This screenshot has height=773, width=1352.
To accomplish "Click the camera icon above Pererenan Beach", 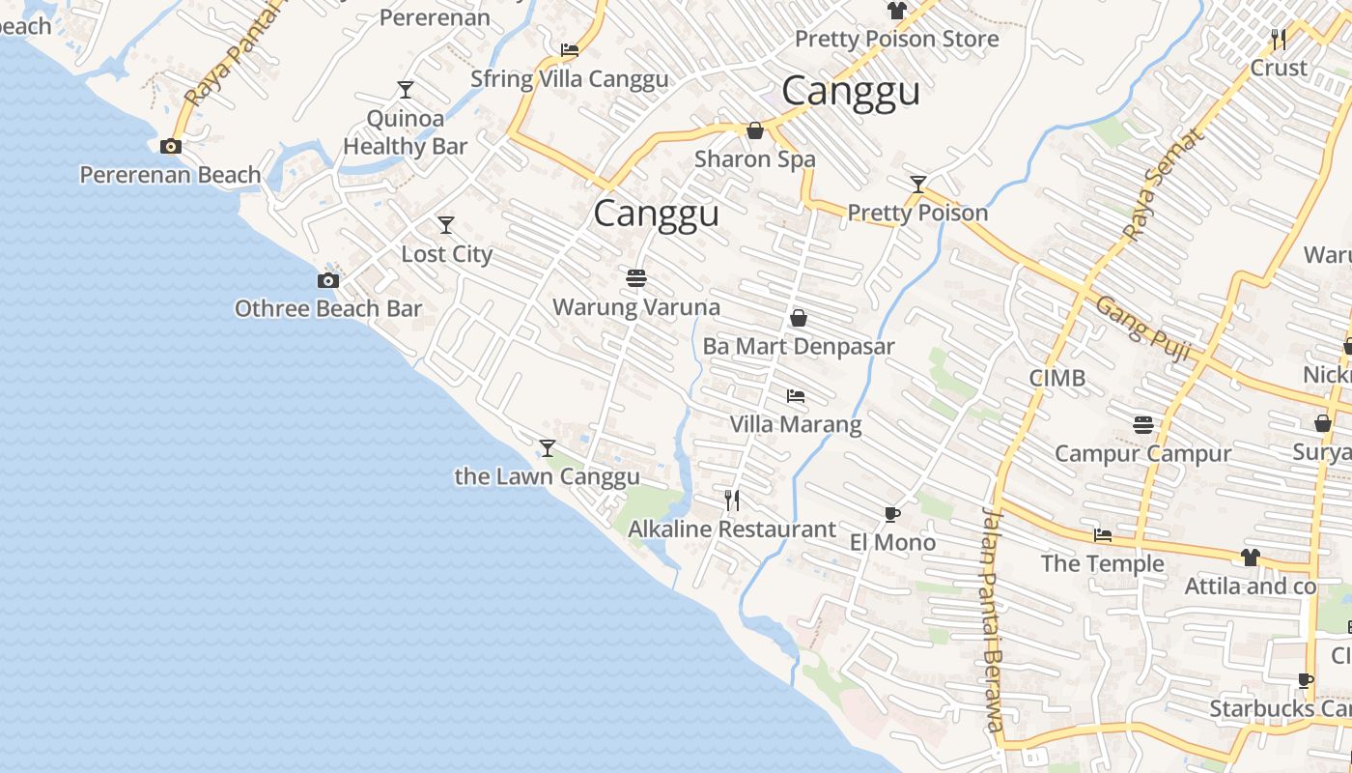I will (x=171, y=147).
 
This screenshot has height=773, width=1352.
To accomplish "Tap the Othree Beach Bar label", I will (x=328, y=308).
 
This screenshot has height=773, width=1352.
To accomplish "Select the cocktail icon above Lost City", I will (x=446, y=225).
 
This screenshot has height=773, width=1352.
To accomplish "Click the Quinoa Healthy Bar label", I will (x=406, y=132).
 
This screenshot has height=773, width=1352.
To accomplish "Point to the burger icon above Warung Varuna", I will (x=635, y=278).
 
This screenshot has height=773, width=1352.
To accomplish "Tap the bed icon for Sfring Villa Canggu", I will (x=570, y=49).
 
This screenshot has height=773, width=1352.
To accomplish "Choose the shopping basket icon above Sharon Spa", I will (x=755, y=129).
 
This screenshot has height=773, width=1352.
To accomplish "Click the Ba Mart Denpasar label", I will (x=799, y=346).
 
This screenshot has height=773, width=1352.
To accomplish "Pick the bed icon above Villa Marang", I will (x=796, y=396).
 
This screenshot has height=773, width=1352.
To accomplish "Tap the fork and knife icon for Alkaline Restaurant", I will (x=732, y=500).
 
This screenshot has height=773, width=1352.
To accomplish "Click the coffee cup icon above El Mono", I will (x=892, y=514).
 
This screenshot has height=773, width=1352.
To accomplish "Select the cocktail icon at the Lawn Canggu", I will (x=548, y=447).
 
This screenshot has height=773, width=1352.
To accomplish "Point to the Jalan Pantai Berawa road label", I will (x=993, y=618).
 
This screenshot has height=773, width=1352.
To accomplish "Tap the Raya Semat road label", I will (x=1164, y=184).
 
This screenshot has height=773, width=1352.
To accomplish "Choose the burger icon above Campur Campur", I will (x=1143, y=424).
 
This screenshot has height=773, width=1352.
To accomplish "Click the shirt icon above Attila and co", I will (x=1251, y=558).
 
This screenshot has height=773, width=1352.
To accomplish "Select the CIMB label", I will (x=1057, y=378).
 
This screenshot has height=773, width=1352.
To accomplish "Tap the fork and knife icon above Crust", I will (x=1279, y=39).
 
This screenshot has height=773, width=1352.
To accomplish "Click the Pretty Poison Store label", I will (x=896, y=40).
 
